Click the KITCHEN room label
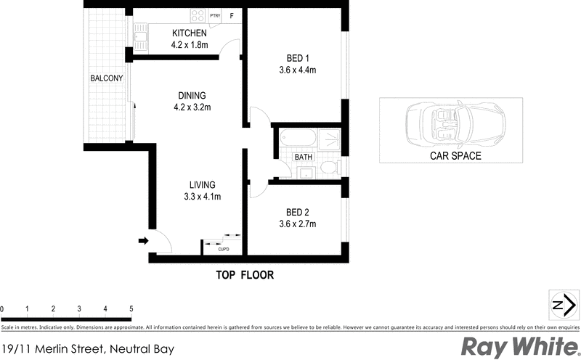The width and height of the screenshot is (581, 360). coord(190,33)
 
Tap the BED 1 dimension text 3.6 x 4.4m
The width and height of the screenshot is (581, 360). coord(297,70)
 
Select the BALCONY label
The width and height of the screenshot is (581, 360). coord(106,78)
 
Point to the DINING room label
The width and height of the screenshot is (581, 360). coord(192,95)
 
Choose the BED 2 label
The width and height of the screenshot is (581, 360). coord(297,212)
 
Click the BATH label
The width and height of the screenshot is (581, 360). coord(303,157)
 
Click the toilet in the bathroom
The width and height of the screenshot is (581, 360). coord(328,168)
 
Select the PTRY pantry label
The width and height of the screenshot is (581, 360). coord(215,15)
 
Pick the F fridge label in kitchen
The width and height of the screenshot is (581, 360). coord(232,15)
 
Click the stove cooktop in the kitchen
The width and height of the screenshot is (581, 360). coord(198,15)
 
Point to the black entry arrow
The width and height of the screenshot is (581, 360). coord(143,241)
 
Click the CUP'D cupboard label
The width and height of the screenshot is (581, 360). coord(223,250)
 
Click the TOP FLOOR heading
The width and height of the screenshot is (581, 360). coord(244,275)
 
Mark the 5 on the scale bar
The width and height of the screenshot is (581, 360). coord(131,309)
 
